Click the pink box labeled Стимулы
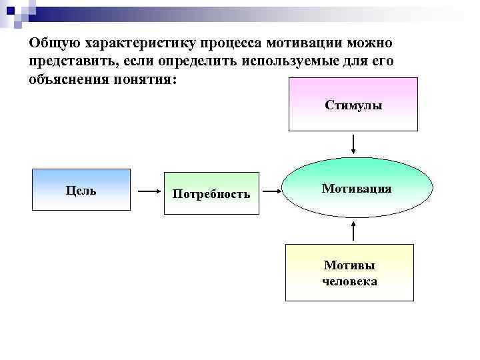pos(353,105)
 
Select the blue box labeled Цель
pos(81,191)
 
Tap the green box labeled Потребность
pos(211,194)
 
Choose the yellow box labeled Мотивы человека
pos(349,273)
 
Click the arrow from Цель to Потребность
pos(147,191)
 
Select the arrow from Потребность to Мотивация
pos(271,191)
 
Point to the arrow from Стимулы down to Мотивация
pos(353,143)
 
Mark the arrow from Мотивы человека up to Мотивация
pos(353,232)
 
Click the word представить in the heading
pos(68,61)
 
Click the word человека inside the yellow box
pos(349,281)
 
